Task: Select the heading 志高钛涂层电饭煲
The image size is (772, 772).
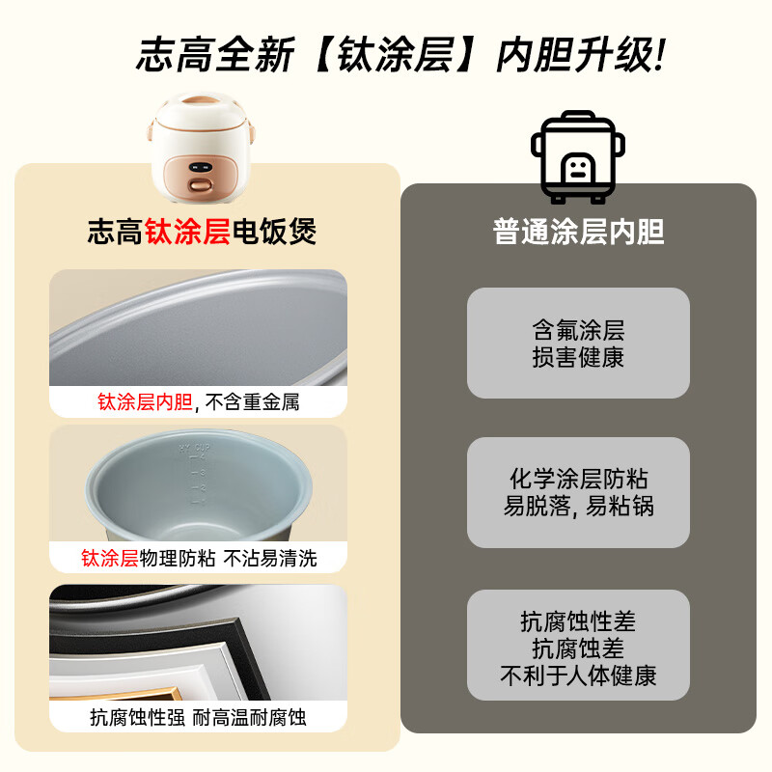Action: (202, 232)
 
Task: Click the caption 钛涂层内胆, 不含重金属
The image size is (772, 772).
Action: (198, 401)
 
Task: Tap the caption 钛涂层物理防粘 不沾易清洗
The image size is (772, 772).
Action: (198, 559)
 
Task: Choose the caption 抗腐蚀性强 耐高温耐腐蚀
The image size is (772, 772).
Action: (198, 717)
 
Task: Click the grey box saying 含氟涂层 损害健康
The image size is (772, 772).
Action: (578, 343)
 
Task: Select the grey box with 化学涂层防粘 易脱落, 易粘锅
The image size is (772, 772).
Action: (578, 492)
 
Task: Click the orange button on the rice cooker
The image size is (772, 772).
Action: (201, 183)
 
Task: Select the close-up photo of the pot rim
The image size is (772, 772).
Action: (198, 328)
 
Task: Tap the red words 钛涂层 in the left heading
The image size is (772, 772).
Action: (187, 232)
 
